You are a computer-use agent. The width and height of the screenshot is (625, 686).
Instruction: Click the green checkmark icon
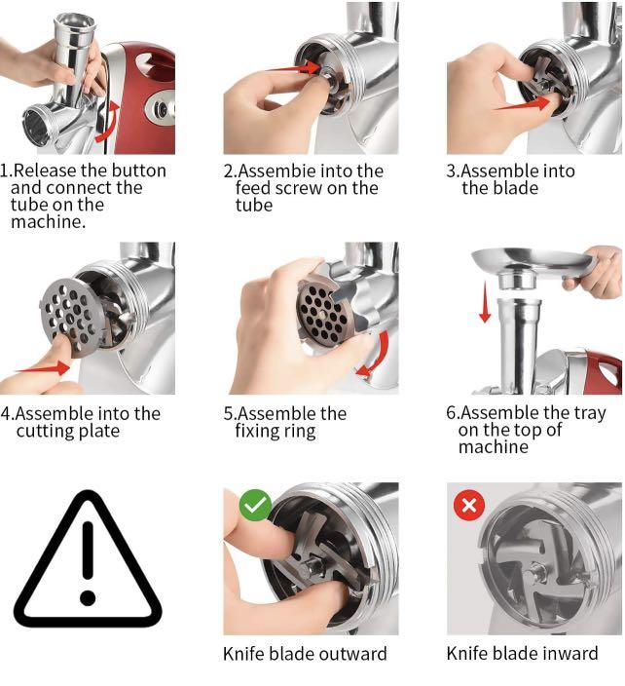tap(255, 504)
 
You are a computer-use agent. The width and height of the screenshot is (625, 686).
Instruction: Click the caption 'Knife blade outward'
tap(305, 654)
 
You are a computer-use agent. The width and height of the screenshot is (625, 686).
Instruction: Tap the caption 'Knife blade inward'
tap(522, 654)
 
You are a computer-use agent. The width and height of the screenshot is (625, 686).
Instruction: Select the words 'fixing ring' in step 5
tap(276, 431)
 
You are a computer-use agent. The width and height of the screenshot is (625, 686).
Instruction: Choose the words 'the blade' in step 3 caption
tap(500, 188)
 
